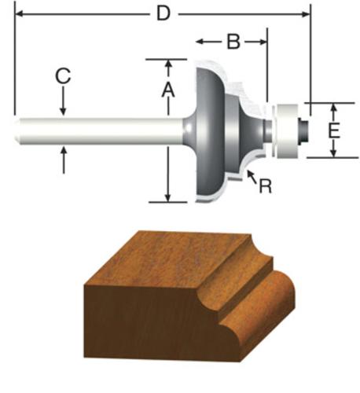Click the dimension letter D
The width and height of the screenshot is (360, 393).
[x=163, y=13]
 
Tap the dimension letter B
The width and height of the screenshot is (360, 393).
[x=233, y=42]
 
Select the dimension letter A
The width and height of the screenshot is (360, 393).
[x=168, y=90]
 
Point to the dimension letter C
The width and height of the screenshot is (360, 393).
[x=63, y=76]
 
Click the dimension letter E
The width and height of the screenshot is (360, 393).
[x=334, y=130]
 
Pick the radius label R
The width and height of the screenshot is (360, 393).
[x=265, y=186]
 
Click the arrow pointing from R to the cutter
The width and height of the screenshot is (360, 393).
[x=252, y=176]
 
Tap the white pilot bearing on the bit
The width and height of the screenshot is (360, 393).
[x=288, y=130]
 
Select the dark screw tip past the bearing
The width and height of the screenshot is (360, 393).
[x=303, y=130]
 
